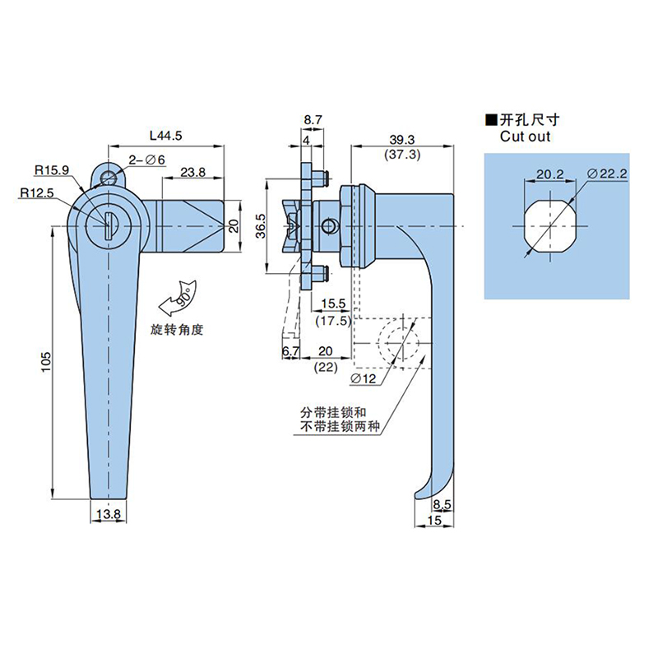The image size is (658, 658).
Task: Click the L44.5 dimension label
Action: pyautogui.click(x=166, y=136)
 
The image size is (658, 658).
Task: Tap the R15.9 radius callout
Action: pyautogui.click(x=52, y=170)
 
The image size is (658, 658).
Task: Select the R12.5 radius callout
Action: pyautogui.click(x=37, y=192)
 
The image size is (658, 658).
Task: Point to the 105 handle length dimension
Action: pyautogui.click(x=45, y=361)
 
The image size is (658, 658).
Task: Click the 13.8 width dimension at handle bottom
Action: pyautogui.click(x=109, y=514)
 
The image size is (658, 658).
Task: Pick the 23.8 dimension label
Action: pyautogui.click(x=193, y=172)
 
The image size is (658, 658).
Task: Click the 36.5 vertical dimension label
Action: pyautogui.click(x=261, y=225)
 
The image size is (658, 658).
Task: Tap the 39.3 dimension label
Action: pyautogui.click(x=402, y=140)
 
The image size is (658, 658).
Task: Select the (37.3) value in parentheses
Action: pyautogui.click(x=402, y=155)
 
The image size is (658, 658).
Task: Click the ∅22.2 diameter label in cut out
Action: pyautogui.click(x=607, y=174)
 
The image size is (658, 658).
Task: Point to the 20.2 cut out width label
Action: pyautogui.click(x=549, y=174)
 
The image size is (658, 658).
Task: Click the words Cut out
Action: pyautogui.click(x=525, y=137)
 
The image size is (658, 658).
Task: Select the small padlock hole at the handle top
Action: pyautogui.click(x=109, y=177)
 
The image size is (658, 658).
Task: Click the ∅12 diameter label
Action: pyautogui.click(x=363, y=379)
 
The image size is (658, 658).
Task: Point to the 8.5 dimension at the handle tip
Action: pyautogui.click(x=442, y=504)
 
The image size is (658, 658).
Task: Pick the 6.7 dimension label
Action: pyautogui.click(x=290, y=351)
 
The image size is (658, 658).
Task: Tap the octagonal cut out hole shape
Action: pyautogui.click(x=550, y=226)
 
